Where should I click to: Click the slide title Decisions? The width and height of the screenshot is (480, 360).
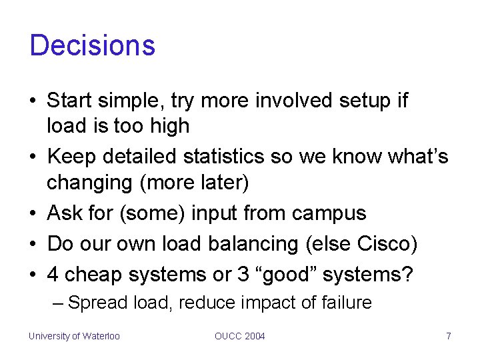(92, 45)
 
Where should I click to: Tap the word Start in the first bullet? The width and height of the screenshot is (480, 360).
(70, 101)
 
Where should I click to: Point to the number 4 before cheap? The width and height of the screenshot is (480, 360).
(53, 274)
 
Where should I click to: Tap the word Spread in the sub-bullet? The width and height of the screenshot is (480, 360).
(99, 303)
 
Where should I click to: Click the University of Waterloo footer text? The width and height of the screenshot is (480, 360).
(74, 336)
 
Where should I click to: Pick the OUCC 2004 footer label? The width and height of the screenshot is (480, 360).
(239, 336)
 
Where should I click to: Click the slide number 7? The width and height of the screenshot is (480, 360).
(449, 336)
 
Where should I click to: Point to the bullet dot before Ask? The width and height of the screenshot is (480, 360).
(33, 214)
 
